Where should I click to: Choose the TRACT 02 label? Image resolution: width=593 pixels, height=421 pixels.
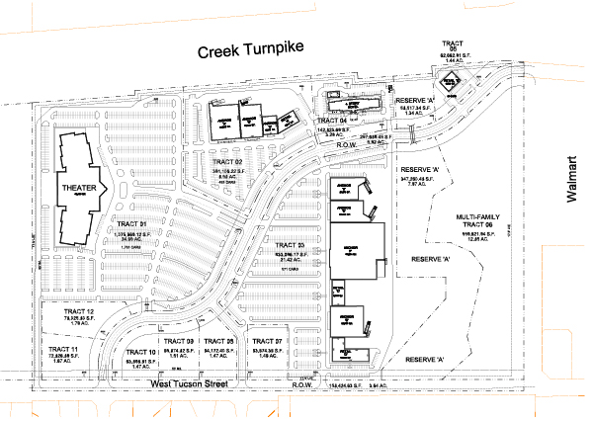225,161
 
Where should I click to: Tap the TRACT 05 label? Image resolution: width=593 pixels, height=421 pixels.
454,45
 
